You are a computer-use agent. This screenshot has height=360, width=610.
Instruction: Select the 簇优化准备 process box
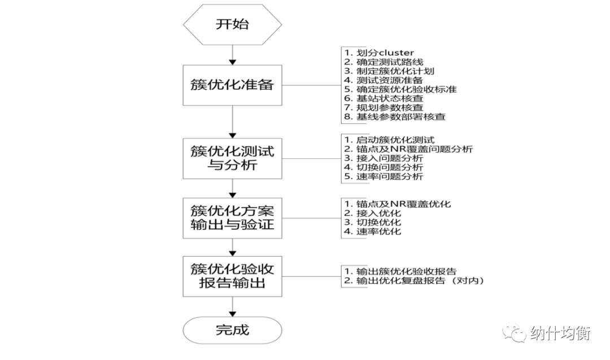(x=232, y=85)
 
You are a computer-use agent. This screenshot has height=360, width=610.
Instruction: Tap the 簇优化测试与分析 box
(x=232, y=158)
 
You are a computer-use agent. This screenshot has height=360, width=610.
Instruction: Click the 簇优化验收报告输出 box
(x=232, y=276)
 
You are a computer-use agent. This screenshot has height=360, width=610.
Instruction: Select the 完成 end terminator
(x=232, y=330)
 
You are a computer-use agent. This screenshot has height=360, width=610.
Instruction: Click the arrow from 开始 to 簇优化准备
(x=232, y=57)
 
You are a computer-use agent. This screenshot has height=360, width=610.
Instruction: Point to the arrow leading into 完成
(x=232, y=307)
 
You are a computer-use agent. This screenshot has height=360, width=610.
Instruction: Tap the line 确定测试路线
(x=384, y=62)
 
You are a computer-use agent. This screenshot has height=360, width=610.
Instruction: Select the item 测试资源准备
(x=384, y=80)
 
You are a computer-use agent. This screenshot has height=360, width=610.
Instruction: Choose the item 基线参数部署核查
(x=395, y=117)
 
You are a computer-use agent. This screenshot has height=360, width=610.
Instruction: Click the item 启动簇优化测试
(x=389, y=140)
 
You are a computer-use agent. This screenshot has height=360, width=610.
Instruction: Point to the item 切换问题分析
(x=384, y=167)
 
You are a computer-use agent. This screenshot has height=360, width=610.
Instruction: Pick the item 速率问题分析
(x=384, y=176)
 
